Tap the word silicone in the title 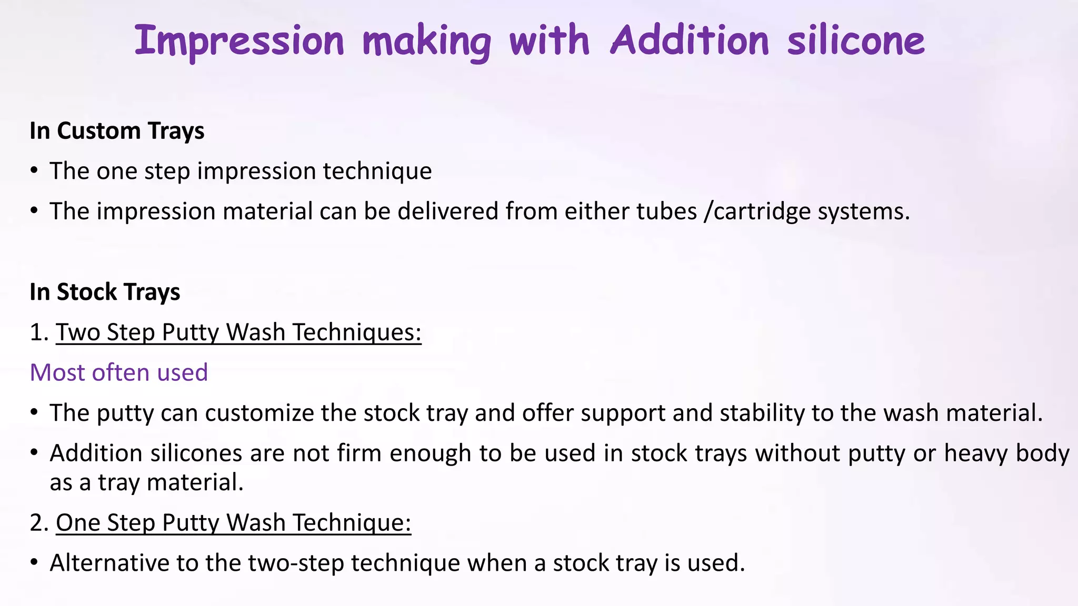856,41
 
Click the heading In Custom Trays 117,130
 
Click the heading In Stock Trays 105,292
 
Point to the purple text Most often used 119,372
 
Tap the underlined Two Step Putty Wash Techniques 238,332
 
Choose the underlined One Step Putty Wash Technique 233,523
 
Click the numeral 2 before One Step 36,523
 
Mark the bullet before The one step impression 34,171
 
